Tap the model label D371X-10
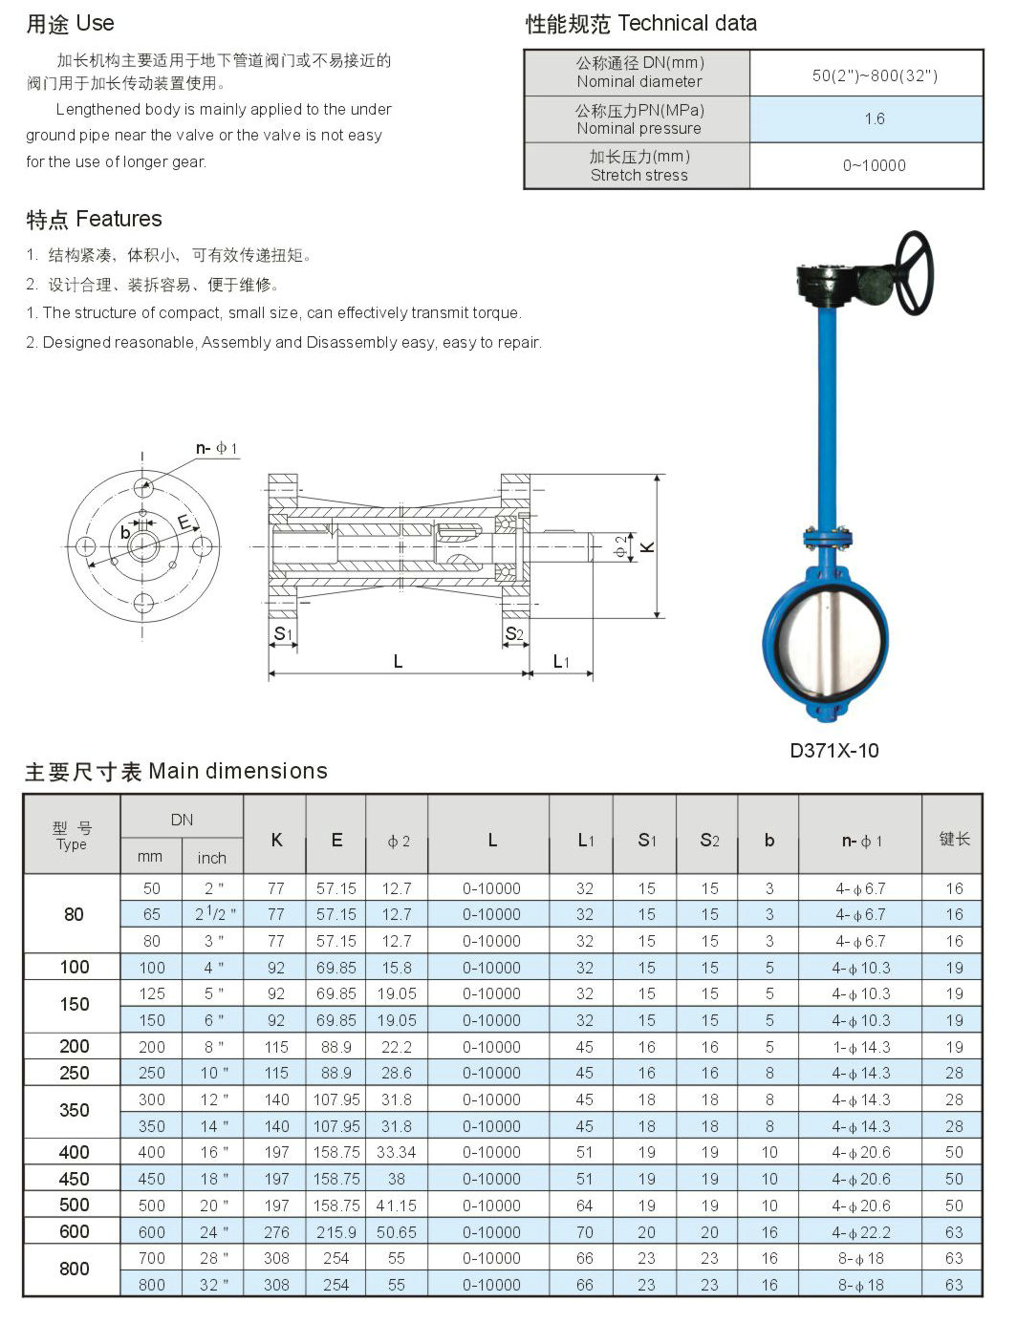click(833, 751)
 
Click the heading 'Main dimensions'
click(238, 772)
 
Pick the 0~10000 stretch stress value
click(874, 165)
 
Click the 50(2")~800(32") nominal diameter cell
click(874, 75)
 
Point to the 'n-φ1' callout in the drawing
click(216, 448)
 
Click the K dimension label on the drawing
click(648, 547)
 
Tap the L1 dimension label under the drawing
click(561, 661)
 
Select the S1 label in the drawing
click(282, 633)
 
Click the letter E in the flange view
click(184, 523)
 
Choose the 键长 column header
click(953, 839)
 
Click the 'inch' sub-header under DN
click(211, 858)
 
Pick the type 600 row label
click(74, 1232)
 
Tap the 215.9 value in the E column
click(336, 1232)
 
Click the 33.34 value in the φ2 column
click(396, 1153)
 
